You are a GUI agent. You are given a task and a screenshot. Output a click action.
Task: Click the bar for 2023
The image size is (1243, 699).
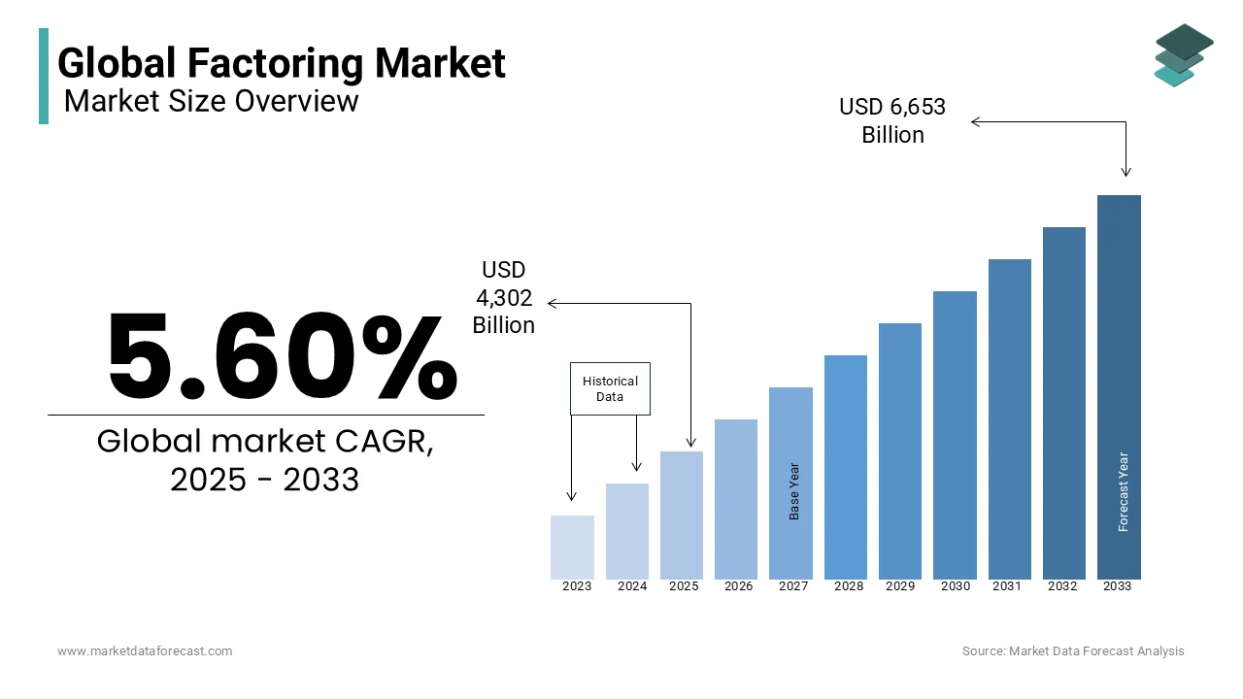[x=572, y=548]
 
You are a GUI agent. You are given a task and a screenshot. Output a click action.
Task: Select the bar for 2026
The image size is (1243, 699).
[x=736, y=499]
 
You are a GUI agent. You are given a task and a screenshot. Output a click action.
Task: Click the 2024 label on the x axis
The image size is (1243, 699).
[x=632, y=586]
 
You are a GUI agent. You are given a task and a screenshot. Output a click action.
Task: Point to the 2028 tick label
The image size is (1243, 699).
[x=849, y=586]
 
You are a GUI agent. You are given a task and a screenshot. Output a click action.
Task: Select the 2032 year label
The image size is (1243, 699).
[x=1062, y=586]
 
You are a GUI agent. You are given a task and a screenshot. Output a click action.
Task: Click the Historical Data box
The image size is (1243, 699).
[x=610, y=388]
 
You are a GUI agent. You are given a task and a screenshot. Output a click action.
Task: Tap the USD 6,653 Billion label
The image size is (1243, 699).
[x=892, y=120]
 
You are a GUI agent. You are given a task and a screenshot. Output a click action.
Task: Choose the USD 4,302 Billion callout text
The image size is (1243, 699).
[x=503, y=297]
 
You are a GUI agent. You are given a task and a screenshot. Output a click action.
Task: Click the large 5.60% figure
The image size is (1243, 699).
[x=282, y=356]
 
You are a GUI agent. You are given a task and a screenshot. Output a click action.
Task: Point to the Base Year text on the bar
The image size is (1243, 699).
[x=794, y=491]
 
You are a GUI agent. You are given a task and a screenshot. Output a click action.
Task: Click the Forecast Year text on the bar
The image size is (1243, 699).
[x=1124, y=491]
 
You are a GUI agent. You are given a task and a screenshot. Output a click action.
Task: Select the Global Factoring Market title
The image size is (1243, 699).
[x=282, y=63]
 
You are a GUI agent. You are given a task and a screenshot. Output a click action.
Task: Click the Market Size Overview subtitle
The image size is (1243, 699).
[x=211, y=100]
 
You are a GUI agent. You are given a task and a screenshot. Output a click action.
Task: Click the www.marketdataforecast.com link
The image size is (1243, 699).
[x=145, y=651]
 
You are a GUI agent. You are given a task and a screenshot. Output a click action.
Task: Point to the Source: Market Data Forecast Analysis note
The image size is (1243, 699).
[x=1073, y=651]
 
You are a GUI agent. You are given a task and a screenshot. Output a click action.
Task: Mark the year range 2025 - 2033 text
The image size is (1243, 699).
[x=264, y=480]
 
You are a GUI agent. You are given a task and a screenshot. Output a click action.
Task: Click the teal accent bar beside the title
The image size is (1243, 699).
[x=44, y=76]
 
